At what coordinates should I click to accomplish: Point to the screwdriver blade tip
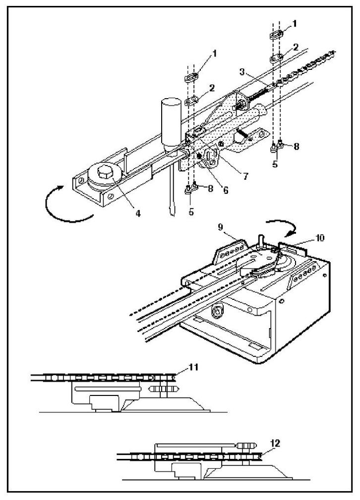coord(171,213)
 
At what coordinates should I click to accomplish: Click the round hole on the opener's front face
coord(216,312)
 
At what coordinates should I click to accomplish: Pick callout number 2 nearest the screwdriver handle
coord(212,88)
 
